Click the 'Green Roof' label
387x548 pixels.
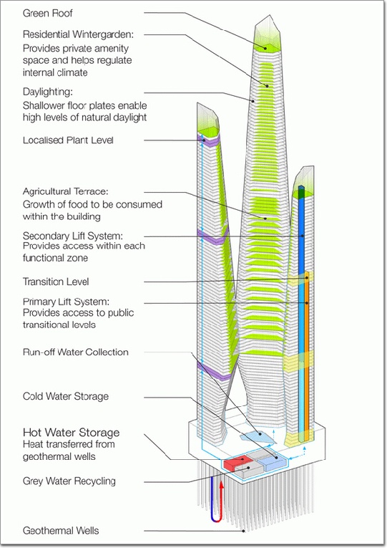(47, 14)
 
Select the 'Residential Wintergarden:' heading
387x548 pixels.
(78, 34)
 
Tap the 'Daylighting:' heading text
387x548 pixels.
(48, 92)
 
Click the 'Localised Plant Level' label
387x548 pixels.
(68, 140)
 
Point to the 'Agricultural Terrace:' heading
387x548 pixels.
(65, 191)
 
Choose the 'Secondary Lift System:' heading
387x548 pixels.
(72, 236)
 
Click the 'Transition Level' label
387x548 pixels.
(56, 282)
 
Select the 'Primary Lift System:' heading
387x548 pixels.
(66, 302)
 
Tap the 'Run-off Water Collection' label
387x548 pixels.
(75, 352)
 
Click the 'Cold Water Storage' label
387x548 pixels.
(66, 396)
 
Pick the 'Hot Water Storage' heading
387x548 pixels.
(72, 433)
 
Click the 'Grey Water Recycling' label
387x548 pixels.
(69, 481)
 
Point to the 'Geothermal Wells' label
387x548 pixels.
(61, 531)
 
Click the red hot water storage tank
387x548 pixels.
(235, 463)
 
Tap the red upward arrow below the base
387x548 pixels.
(221, 501)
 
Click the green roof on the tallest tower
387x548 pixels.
(267, 47)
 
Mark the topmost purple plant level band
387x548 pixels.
(209, 140)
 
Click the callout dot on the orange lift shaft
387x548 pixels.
(307, 303)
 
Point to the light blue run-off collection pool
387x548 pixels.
(258, 436)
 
